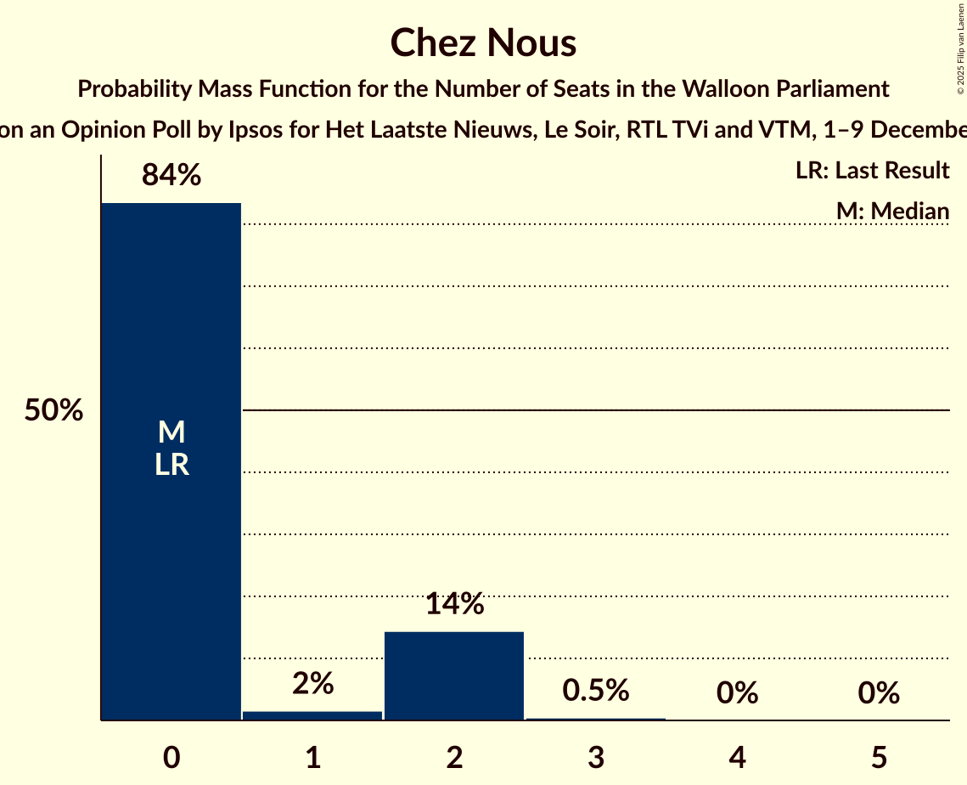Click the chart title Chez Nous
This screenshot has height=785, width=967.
tap(483, 43)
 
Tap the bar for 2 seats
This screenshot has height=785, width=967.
tap(454, 675)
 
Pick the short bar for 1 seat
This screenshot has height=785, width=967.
tap(312, 715)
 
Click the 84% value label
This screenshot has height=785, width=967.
tap(171, 176)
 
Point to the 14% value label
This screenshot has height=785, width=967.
tap(454, 604)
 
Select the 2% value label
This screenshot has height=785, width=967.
tap(312, 683)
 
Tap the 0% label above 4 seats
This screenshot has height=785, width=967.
tap(737, 693)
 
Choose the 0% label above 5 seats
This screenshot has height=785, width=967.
tap(879, 693)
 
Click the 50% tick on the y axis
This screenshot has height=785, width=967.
tap(53, 411)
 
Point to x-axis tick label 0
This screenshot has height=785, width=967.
tap(171, 757)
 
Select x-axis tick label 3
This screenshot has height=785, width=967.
tap(596, 757)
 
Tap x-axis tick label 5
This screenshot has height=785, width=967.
tap(879, 757)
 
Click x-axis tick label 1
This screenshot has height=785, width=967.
tap(312, 757)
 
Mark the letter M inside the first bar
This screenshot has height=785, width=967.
tap(171, 432)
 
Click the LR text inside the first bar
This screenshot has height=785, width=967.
tap(171, 465)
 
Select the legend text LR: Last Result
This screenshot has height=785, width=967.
tap(872, 171)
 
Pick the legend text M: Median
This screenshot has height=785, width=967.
tap(892, 211)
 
